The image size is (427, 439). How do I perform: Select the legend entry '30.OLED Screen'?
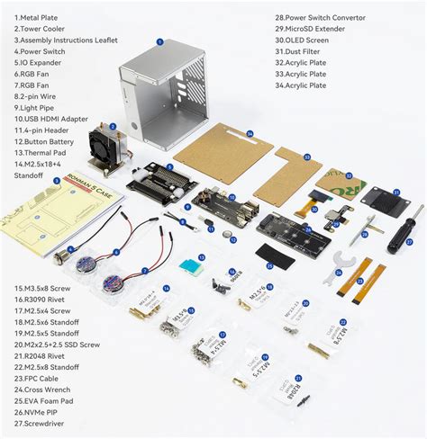pyautogui.click(x=307, y=40)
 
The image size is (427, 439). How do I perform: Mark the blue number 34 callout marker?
pyautogui.click(x=249, y=133)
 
